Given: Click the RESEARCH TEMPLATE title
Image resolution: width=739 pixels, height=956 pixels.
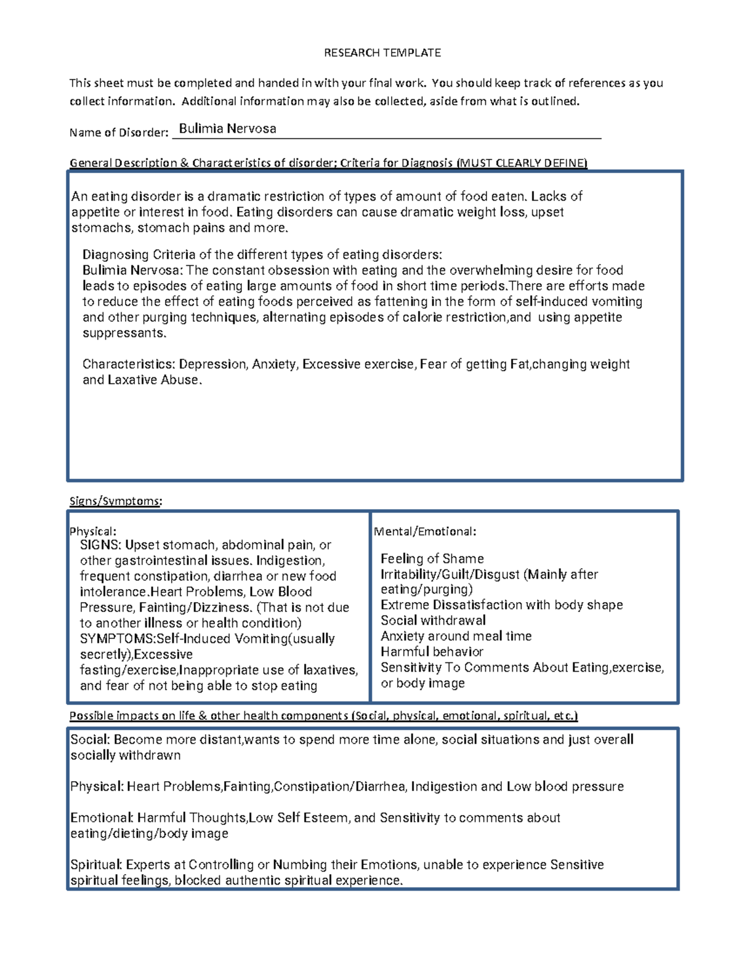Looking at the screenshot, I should coord(382,53).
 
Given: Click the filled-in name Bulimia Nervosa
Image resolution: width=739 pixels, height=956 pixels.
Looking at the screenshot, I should coord(227,129).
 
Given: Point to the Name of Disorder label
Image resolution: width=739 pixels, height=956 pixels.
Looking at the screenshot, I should coord(118,132).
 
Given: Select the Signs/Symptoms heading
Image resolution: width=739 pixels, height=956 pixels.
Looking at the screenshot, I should coord(116,501).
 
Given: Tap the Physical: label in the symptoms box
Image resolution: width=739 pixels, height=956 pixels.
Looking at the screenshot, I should coord(93,531).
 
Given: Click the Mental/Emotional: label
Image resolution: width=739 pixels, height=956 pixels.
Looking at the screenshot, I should coord(425,531).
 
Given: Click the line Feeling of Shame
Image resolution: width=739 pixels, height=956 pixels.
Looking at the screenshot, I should coord(432,559).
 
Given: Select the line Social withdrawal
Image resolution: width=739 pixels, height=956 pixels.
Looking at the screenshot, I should coord(433,621).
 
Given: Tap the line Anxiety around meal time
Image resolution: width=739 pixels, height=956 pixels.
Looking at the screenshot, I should coord(456,637).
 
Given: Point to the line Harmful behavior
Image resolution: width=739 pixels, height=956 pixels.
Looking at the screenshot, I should coord(432,652).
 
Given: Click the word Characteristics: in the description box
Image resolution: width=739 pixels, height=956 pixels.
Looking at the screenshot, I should coord(129,364).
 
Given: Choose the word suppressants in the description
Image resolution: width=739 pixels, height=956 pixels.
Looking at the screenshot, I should coord(124,334).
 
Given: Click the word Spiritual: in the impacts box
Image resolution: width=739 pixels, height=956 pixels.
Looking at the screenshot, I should coord(96,865).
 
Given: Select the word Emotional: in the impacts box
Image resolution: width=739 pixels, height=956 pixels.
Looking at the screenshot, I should coord(102,818).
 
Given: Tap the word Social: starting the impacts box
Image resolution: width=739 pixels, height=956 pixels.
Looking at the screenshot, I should coord(90,740).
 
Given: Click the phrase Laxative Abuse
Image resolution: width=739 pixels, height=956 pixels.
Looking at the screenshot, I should coord(154,380).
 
